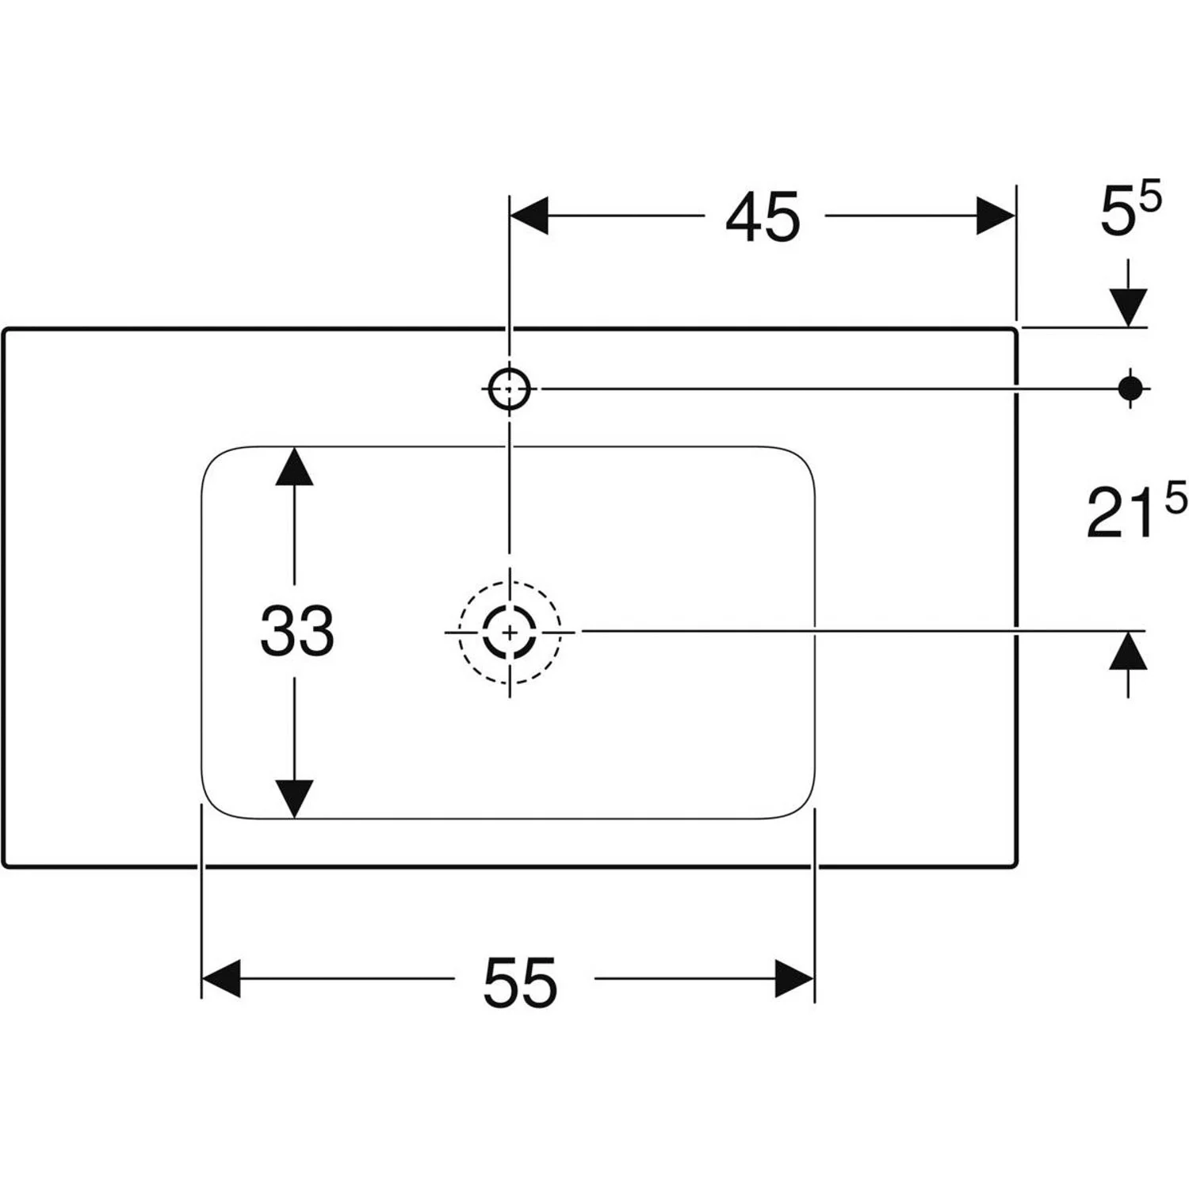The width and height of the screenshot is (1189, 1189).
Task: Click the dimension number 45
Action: coord(763,217)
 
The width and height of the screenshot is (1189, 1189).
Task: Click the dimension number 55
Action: coord(520,981)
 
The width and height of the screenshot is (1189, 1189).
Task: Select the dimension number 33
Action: coord(296,631)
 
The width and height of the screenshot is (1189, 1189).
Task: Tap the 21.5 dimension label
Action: coord(1135,514)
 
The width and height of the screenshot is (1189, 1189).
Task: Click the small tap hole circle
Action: coord(509,388)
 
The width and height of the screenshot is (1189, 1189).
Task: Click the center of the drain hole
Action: coord(509,632)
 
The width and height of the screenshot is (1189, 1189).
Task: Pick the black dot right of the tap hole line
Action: coord(1130,388)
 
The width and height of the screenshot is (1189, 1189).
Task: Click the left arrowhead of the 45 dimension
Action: coord(530,216)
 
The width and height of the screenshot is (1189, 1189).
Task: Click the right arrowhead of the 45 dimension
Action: coord(996,216)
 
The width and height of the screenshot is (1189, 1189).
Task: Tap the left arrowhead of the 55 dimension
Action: coord(221,978)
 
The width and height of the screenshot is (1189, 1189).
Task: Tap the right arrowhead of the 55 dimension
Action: coord(795,978)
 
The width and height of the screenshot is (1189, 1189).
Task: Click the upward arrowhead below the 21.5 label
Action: coord(1129,652)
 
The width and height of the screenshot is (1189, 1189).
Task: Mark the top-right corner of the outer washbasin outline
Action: coord(1014,331)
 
